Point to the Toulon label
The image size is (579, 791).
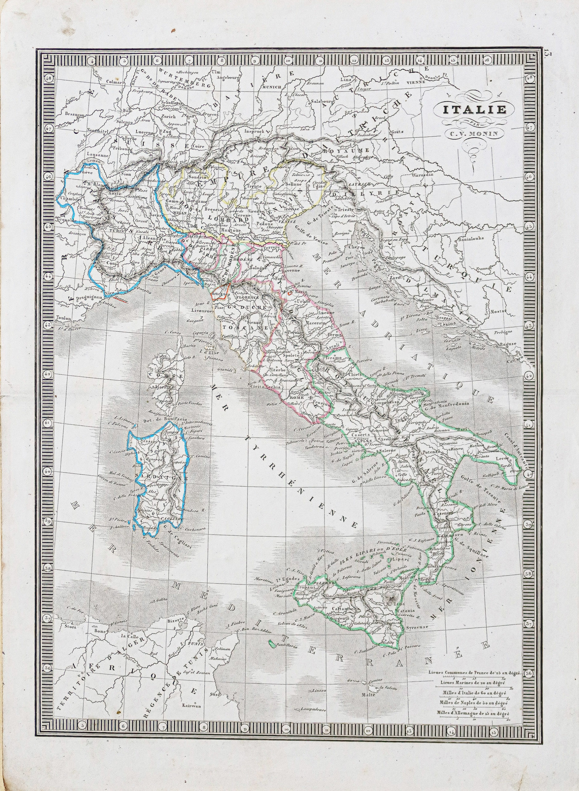pos(63,319)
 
